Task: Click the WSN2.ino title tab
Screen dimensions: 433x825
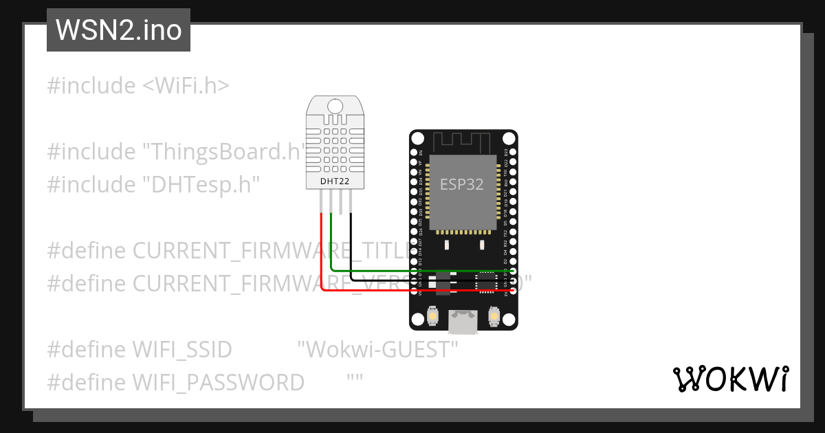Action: pyautogui.click(x=118, y=31)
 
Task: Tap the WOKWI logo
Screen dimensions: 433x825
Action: pyautogui.click(x=730, y=379)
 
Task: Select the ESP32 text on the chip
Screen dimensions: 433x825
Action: pyautogui.click(x=461, y=184)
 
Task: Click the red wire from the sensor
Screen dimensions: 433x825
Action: pyautogui.click(x=322, y=254)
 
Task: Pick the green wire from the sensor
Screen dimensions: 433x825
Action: pyautogui.click(x=331, y=247)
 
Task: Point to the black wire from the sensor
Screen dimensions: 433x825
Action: pyautogui.click(x=351, y=247)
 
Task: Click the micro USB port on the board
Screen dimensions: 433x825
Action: pyautogui.click(x=463, y=322)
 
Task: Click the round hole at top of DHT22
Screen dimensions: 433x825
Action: pyautogui.click(x=335, y=106)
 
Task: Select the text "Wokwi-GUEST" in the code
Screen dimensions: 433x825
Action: pyautogui.click(x=377, y=349)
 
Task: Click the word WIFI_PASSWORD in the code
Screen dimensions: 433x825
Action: pyautogui.click(x=218, y=382)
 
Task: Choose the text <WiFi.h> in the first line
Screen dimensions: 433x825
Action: pyautogui.click(x=186, y=86)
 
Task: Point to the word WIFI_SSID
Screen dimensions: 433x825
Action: pyautogui.click(x=182, y=349)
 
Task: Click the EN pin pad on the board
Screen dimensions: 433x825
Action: pyautogui.click(x=414, y=153)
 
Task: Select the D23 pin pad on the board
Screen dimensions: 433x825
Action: pyautogui.click(x=512, y=153)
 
